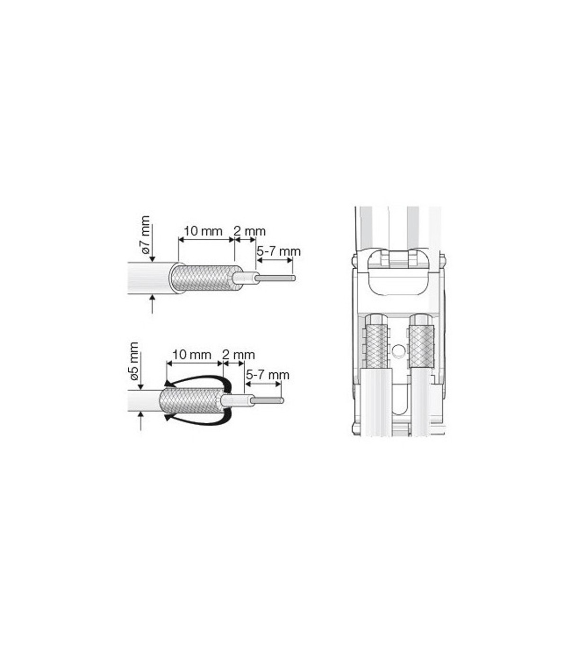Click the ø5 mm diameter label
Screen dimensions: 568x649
point(134,361)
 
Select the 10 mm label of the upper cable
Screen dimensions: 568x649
point(203,231)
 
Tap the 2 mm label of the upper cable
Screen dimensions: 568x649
point(250,231)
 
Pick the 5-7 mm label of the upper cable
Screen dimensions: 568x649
point(278,252)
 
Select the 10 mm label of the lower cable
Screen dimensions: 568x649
point(192,355)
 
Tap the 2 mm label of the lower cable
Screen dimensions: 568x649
point(239,355)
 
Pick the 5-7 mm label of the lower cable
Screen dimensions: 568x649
point(267,375)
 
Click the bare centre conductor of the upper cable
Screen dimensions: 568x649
point(275,278)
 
